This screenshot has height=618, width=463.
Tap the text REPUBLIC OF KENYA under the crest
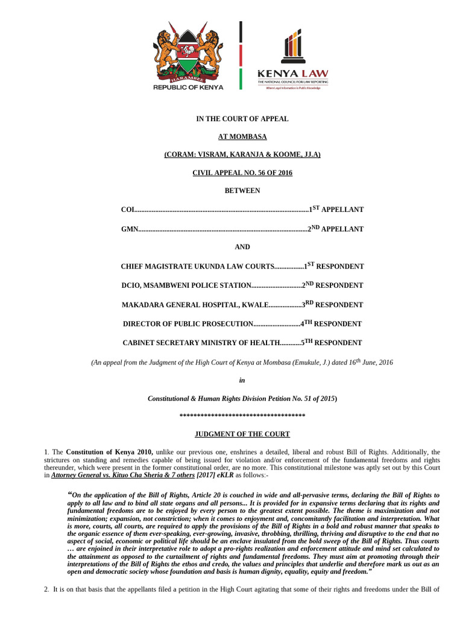pos(188,87)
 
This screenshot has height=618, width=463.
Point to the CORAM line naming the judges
pos(242,154)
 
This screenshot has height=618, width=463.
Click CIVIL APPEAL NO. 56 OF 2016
pos(242,173)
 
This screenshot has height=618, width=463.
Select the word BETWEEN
pos(242,191)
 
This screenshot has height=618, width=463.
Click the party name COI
pos(127,209)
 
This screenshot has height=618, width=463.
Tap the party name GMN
pos(130,229)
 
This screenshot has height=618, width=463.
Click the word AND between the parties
pos(242,247)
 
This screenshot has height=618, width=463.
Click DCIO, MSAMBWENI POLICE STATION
pos(186,285)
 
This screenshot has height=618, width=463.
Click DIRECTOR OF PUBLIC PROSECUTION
pos(187,324)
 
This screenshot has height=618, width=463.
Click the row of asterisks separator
pos(242,416)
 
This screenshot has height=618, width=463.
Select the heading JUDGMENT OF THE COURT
pos(242,434)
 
